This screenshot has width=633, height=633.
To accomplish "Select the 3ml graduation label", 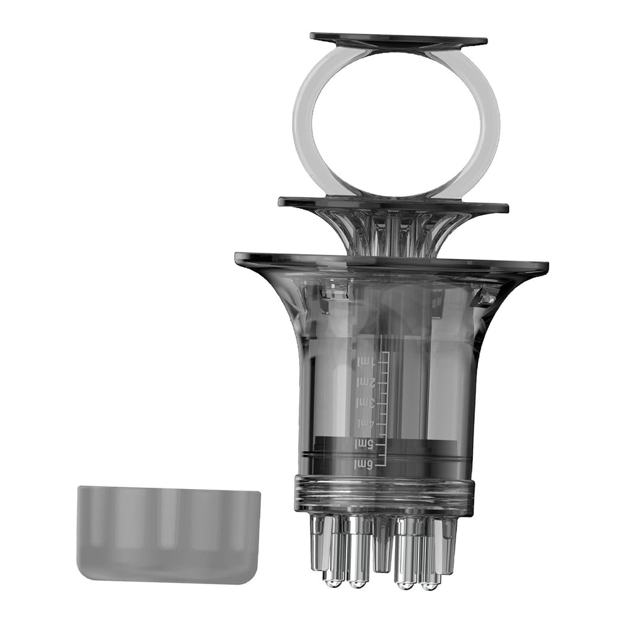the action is click(366, 402).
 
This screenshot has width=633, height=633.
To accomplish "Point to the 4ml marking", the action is click(366, 423).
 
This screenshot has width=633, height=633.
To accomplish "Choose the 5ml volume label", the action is click(365, 444).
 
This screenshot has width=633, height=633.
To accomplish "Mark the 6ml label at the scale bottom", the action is click(365, 465).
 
